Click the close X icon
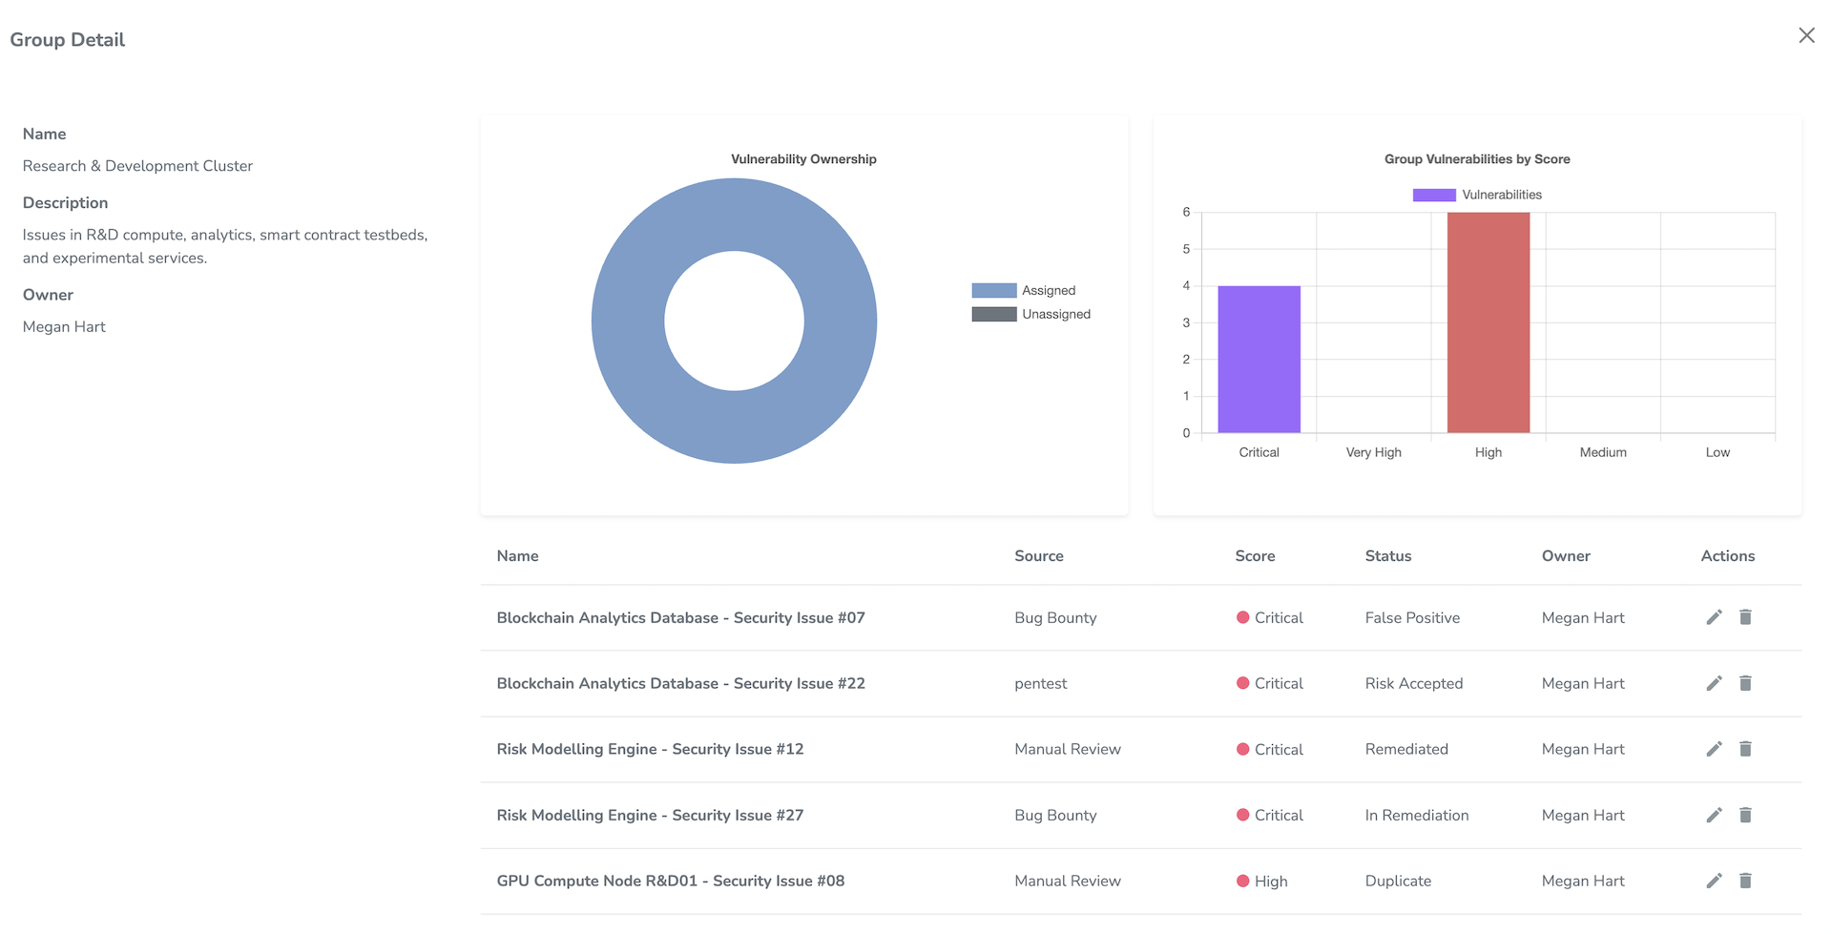tap(1806, 35)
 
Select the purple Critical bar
tap(1259, 359)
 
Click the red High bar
tap(1488, 322)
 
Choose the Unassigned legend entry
tap(1030, 314)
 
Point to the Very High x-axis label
tap(1373, 452)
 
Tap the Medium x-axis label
tap(1602, 452)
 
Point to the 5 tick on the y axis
tap(1186, 249)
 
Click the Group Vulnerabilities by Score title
tap(1476, 159)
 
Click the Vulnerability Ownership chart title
tap(803, 159)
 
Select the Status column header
tap(1387, 556)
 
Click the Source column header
tap(1038, 556)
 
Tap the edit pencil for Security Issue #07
tap(1714, 617)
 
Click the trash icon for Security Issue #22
tap(1745, 683)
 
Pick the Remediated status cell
tap(1405, 749)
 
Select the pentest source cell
tap(1040, 683)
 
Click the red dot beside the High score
tap(1242, 881)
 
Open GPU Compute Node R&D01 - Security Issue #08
tap(670, 881)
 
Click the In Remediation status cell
tap(1416, 815)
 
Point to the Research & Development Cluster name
tap(137, 166)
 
